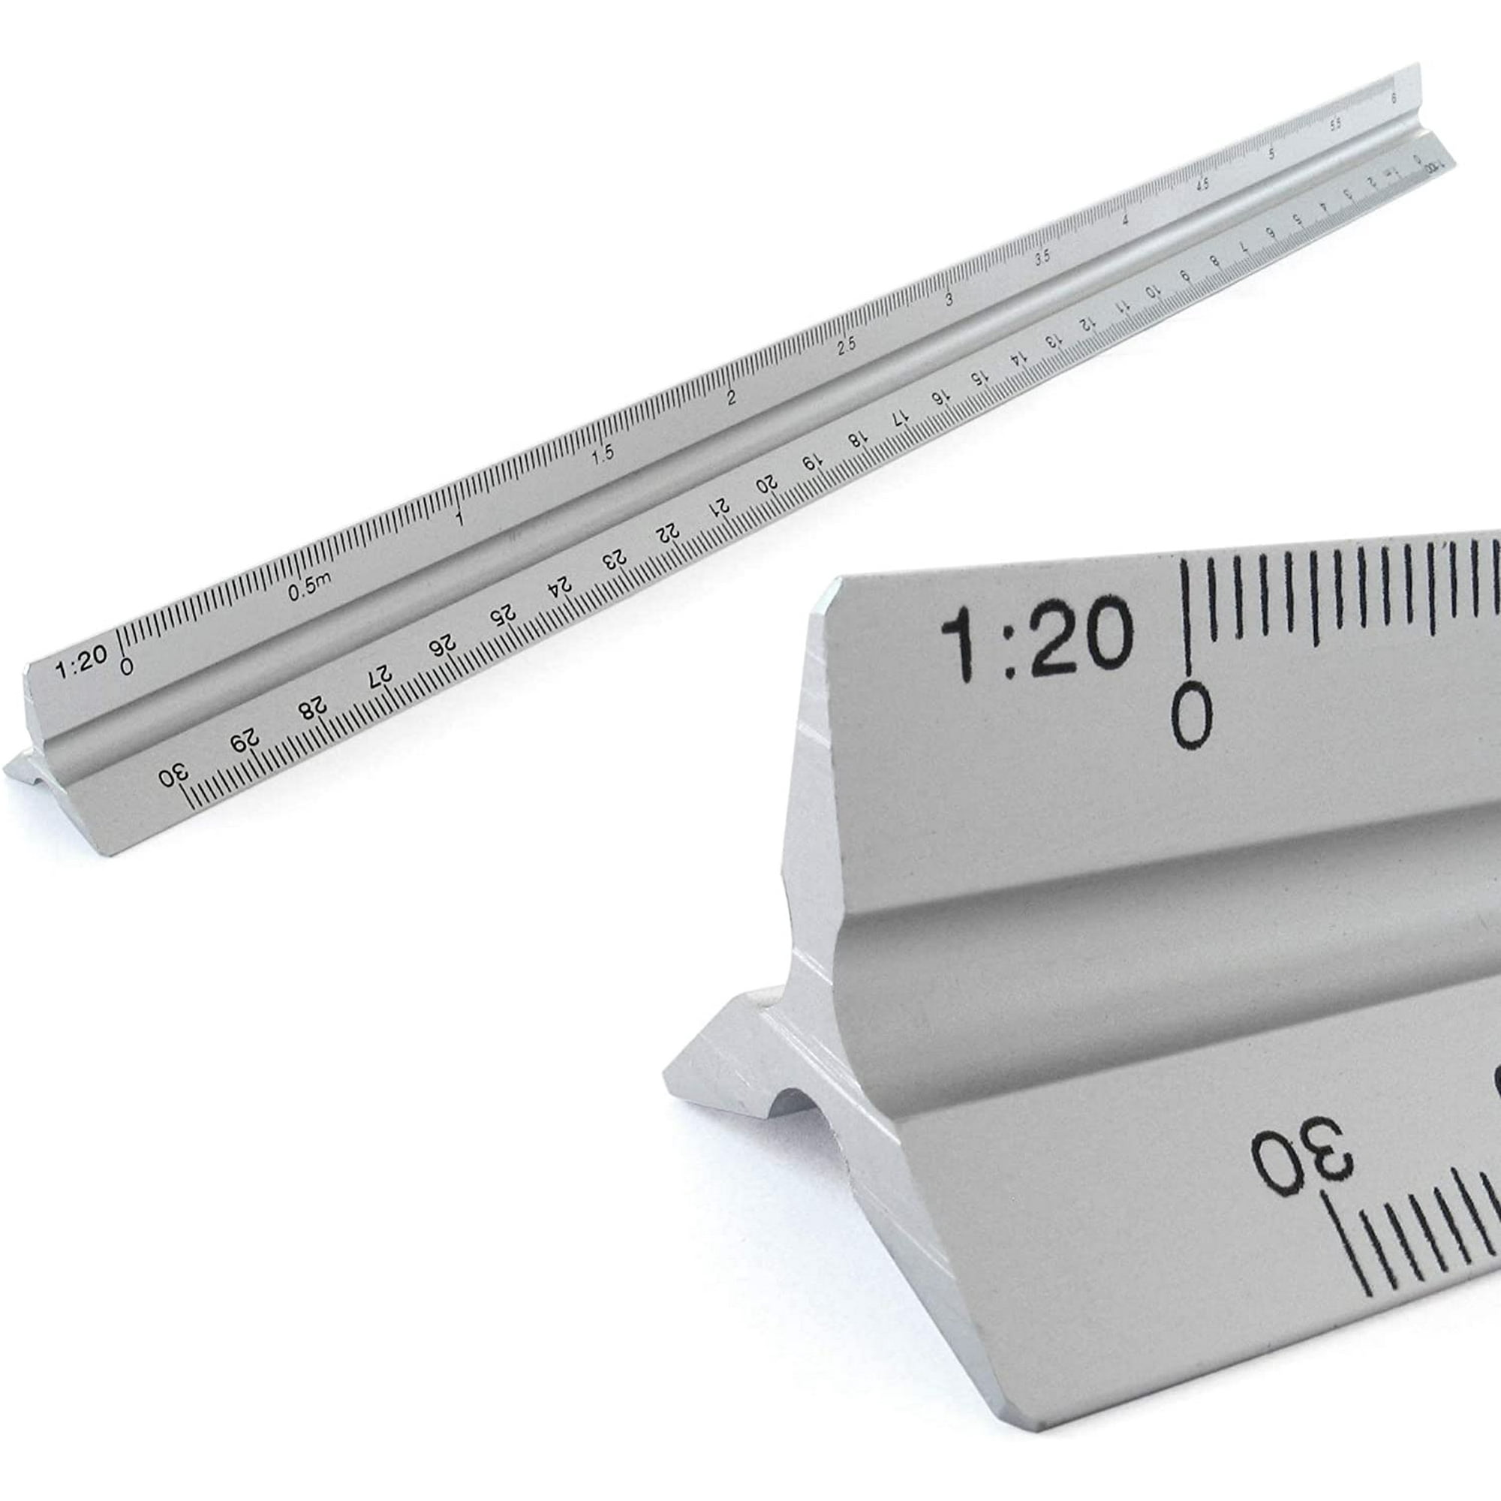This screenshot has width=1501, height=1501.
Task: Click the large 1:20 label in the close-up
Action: point(1036,642)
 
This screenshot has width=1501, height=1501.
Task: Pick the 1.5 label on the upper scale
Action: point(602,453)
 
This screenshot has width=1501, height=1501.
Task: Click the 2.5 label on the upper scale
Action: point(847,344)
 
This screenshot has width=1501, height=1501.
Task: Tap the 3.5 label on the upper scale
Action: point(1042,257)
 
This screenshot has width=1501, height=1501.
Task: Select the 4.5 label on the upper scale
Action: point(1204,185)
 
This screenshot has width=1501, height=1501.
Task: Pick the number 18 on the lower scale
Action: point(856,440)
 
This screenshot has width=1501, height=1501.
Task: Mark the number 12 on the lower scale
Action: point(1089,324)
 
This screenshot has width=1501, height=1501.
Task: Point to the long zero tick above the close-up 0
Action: point(1186,621)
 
